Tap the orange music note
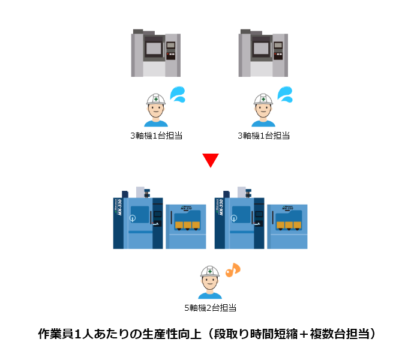click(232, 271)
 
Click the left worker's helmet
click(155, 99)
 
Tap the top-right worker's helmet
click(262, 99)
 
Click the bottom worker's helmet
click(209, 273)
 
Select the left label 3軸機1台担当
click(156, 136)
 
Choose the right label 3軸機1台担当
click(263, 136)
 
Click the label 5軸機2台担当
click(209, 308)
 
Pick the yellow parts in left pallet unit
click(187, 225)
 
